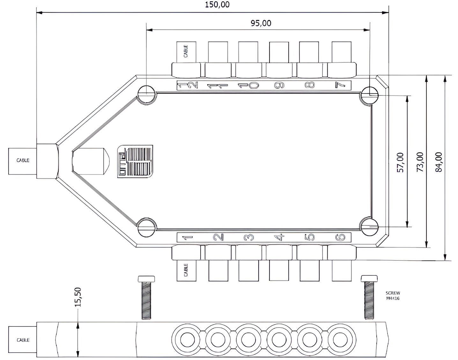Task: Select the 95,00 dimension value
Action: tap(261, 23)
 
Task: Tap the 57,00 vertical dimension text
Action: tap(400, 162)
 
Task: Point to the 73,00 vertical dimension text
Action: tap(420, 162)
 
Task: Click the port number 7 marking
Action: tap(340, 85)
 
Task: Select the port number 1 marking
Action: tap(187, 237)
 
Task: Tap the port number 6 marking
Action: tap(340, 237)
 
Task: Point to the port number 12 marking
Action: tap(188, 85)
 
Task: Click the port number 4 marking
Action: tap(279, 237)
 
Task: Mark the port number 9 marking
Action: tap(279, 85)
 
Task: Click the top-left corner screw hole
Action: tap(147, 94)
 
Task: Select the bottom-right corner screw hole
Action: tap(370, 227)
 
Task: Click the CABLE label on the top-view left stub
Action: tap(23, 160)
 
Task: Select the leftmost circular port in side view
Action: tap(187, 340)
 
